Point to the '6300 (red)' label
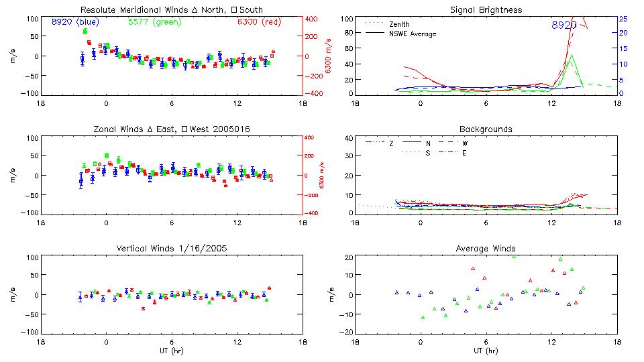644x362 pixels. pos(259,21)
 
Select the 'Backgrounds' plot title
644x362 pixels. pos(486,129)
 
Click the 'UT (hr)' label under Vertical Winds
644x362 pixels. pos(171,350)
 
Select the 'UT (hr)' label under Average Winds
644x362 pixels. pos(486,350)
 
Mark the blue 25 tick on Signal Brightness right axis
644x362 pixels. pos(623,19)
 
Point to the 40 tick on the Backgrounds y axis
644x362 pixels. pos(348,139)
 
